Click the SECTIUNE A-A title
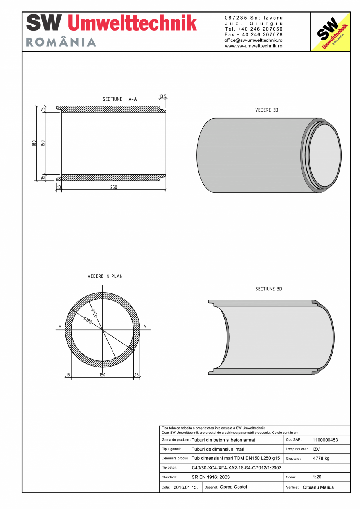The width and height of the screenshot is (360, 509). point(120,99)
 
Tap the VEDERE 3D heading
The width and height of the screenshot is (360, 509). point(266,110)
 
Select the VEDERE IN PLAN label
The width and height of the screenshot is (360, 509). point(105,276)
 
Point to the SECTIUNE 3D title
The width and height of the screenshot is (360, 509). point(268,289)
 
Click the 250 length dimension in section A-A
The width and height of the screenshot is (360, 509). point(113,187)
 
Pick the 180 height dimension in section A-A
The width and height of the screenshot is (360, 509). point(34,143)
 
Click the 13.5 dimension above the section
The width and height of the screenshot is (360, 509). point(164,96)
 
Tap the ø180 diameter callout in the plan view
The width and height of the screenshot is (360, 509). point(87,320)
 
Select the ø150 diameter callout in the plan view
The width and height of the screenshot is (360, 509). point(94,313)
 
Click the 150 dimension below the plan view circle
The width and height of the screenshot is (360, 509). point(102,375)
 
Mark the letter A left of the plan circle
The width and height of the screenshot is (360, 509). point(60,327)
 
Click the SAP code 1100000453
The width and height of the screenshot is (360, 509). point(325,440)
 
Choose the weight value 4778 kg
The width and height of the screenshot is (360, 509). point(321,458)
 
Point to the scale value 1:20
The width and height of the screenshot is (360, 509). point(317,477)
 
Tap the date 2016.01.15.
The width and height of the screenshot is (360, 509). point(185,487)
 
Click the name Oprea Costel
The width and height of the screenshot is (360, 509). point(234,487)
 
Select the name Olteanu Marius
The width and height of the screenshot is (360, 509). point(318,487)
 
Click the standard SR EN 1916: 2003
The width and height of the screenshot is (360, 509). point(211,477)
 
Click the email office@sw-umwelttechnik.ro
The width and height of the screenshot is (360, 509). point(254,40)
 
